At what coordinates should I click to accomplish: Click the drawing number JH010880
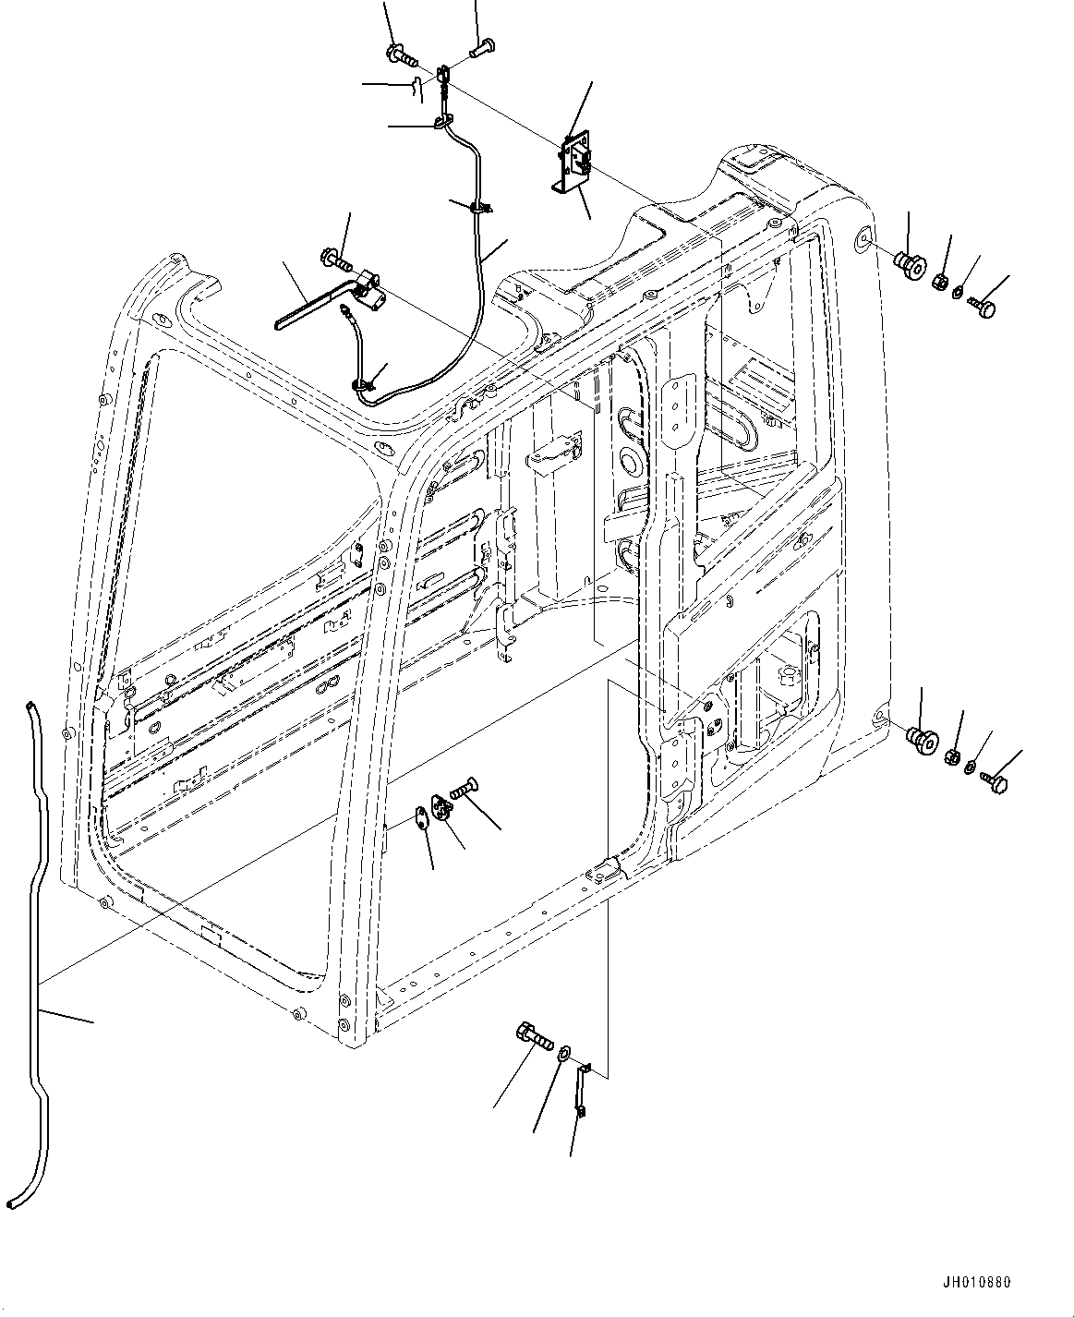[977, 1283]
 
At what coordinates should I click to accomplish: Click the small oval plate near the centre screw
[420, 816]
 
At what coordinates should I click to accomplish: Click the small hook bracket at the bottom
[582, 1090]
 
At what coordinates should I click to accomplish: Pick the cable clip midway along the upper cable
[478, 209]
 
